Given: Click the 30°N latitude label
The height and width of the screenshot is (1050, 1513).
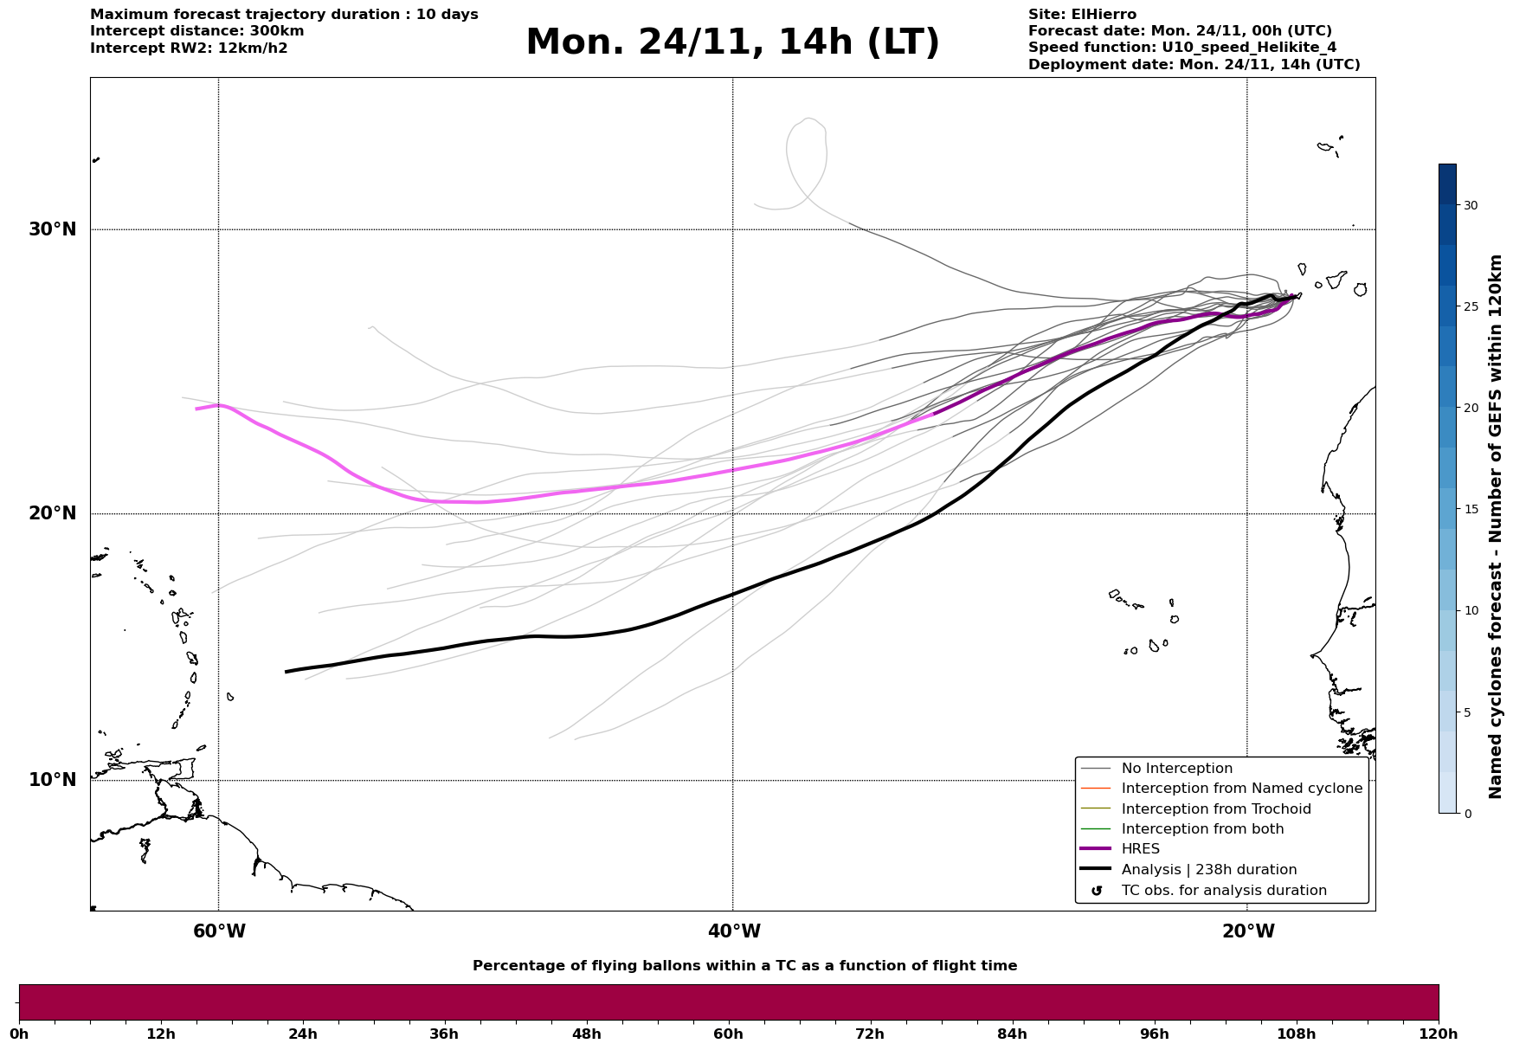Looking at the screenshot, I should point(52,229).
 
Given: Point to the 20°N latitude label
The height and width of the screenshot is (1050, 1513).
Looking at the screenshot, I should point(52,513).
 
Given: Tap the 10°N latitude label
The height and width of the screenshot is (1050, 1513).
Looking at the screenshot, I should point(52,780).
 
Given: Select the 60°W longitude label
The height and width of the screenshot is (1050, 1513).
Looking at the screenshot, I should point(219,931).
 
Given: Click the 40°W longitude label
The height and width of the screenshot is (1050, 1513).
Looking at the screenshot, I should point(734,931).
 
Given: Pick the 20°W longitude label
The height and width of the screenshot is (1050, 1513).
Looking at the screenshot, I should point(1248,931).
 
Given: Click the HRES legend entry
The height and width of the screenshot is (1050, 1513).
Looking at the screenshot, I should point(1140,849).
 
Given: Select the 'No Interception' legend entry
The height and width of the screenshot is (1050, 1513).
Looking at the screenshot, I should point(1176,769).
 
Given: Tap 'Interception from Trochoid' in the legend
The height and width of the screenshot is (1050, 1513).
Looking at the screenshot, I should point(1215,809).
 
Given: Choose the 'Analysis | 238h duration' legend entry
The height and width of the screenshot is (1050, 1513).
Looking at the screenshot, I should point(1208,870).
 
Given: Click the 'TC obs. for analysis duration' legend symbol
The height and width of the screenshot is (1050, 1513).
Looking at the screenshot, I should point(1097,891).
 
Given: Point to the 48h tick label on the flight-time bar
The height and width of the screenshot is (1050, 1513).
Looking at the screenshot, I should point(586,1034).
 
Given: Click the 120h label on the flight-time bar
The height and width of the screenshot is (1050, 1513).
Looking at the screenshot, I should point(1439,1034).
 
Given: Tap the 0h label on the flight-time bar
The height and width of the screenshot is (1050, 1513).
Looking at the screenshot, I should point(19,1034).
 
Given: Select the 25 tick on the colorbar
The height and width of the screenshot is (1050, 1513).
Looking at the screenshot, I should point(1471,306).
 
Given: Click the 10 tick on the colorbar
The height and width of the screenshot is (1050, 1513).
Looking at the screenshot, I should point(1471,610).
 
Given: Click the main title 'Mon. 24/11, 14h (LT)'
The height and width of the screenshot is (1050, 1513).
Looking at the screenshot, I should point(732,42).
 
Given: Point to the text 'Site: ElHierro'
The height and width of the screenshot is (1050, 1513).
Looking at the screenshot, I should point(1082,15).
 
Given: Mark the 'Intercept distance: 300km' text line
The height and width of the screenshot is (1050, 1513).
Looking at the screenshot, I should point(196,31).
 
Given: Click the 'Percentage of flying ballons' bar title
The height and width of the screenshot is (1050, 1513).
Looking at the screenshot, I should point(744,966).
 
